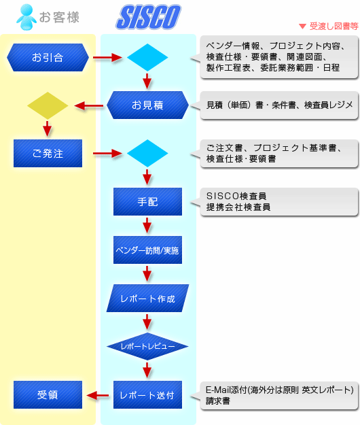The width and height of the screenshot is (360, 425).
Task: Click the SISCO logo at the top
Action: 148,17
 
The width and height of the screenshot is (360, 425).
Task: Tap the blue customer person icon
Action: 26,17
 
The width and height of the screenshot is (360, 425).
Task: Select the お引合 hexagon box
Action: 48,58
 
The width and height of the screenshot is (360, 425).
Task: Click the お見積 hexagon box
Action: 147,105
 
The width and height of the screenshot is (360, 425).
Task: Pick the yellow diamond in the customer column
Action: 48,105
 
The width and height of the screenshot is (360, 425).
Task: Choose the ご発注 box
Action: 48,154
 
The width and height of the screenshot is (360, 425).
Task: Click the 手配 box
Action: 147,202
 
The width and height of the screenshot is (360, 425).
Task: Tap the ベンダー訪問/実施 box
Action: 147,250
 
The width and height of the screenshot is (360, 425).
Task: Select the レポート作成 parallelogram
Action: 147,298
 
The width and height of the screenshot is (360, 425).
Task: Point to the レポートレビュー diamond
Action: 147,346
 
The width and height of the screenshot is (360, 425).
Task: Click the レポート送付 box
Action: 147,394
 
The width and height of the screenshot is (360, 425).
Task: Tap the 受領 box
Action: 48,394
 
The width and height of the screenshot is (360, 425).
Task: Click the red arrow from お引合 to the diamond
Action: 107,58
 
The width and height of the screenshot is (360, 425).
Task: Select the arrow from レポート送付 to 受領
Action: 98,396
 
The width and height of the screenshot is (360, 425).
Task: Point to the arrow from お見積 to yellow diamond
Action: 89,105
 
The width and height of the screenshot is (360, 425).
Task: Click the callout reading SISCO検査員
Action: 278,202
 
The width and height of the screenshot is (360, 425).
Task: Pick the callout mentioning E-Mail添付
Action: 278,396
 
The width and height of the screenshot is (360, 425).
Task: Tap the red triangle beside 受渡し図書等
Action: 302,27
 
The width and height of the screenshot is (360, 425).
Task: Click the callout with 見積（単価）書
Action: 278,105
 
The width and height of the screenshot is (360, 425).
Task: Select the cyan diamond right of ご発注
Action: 147,154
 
